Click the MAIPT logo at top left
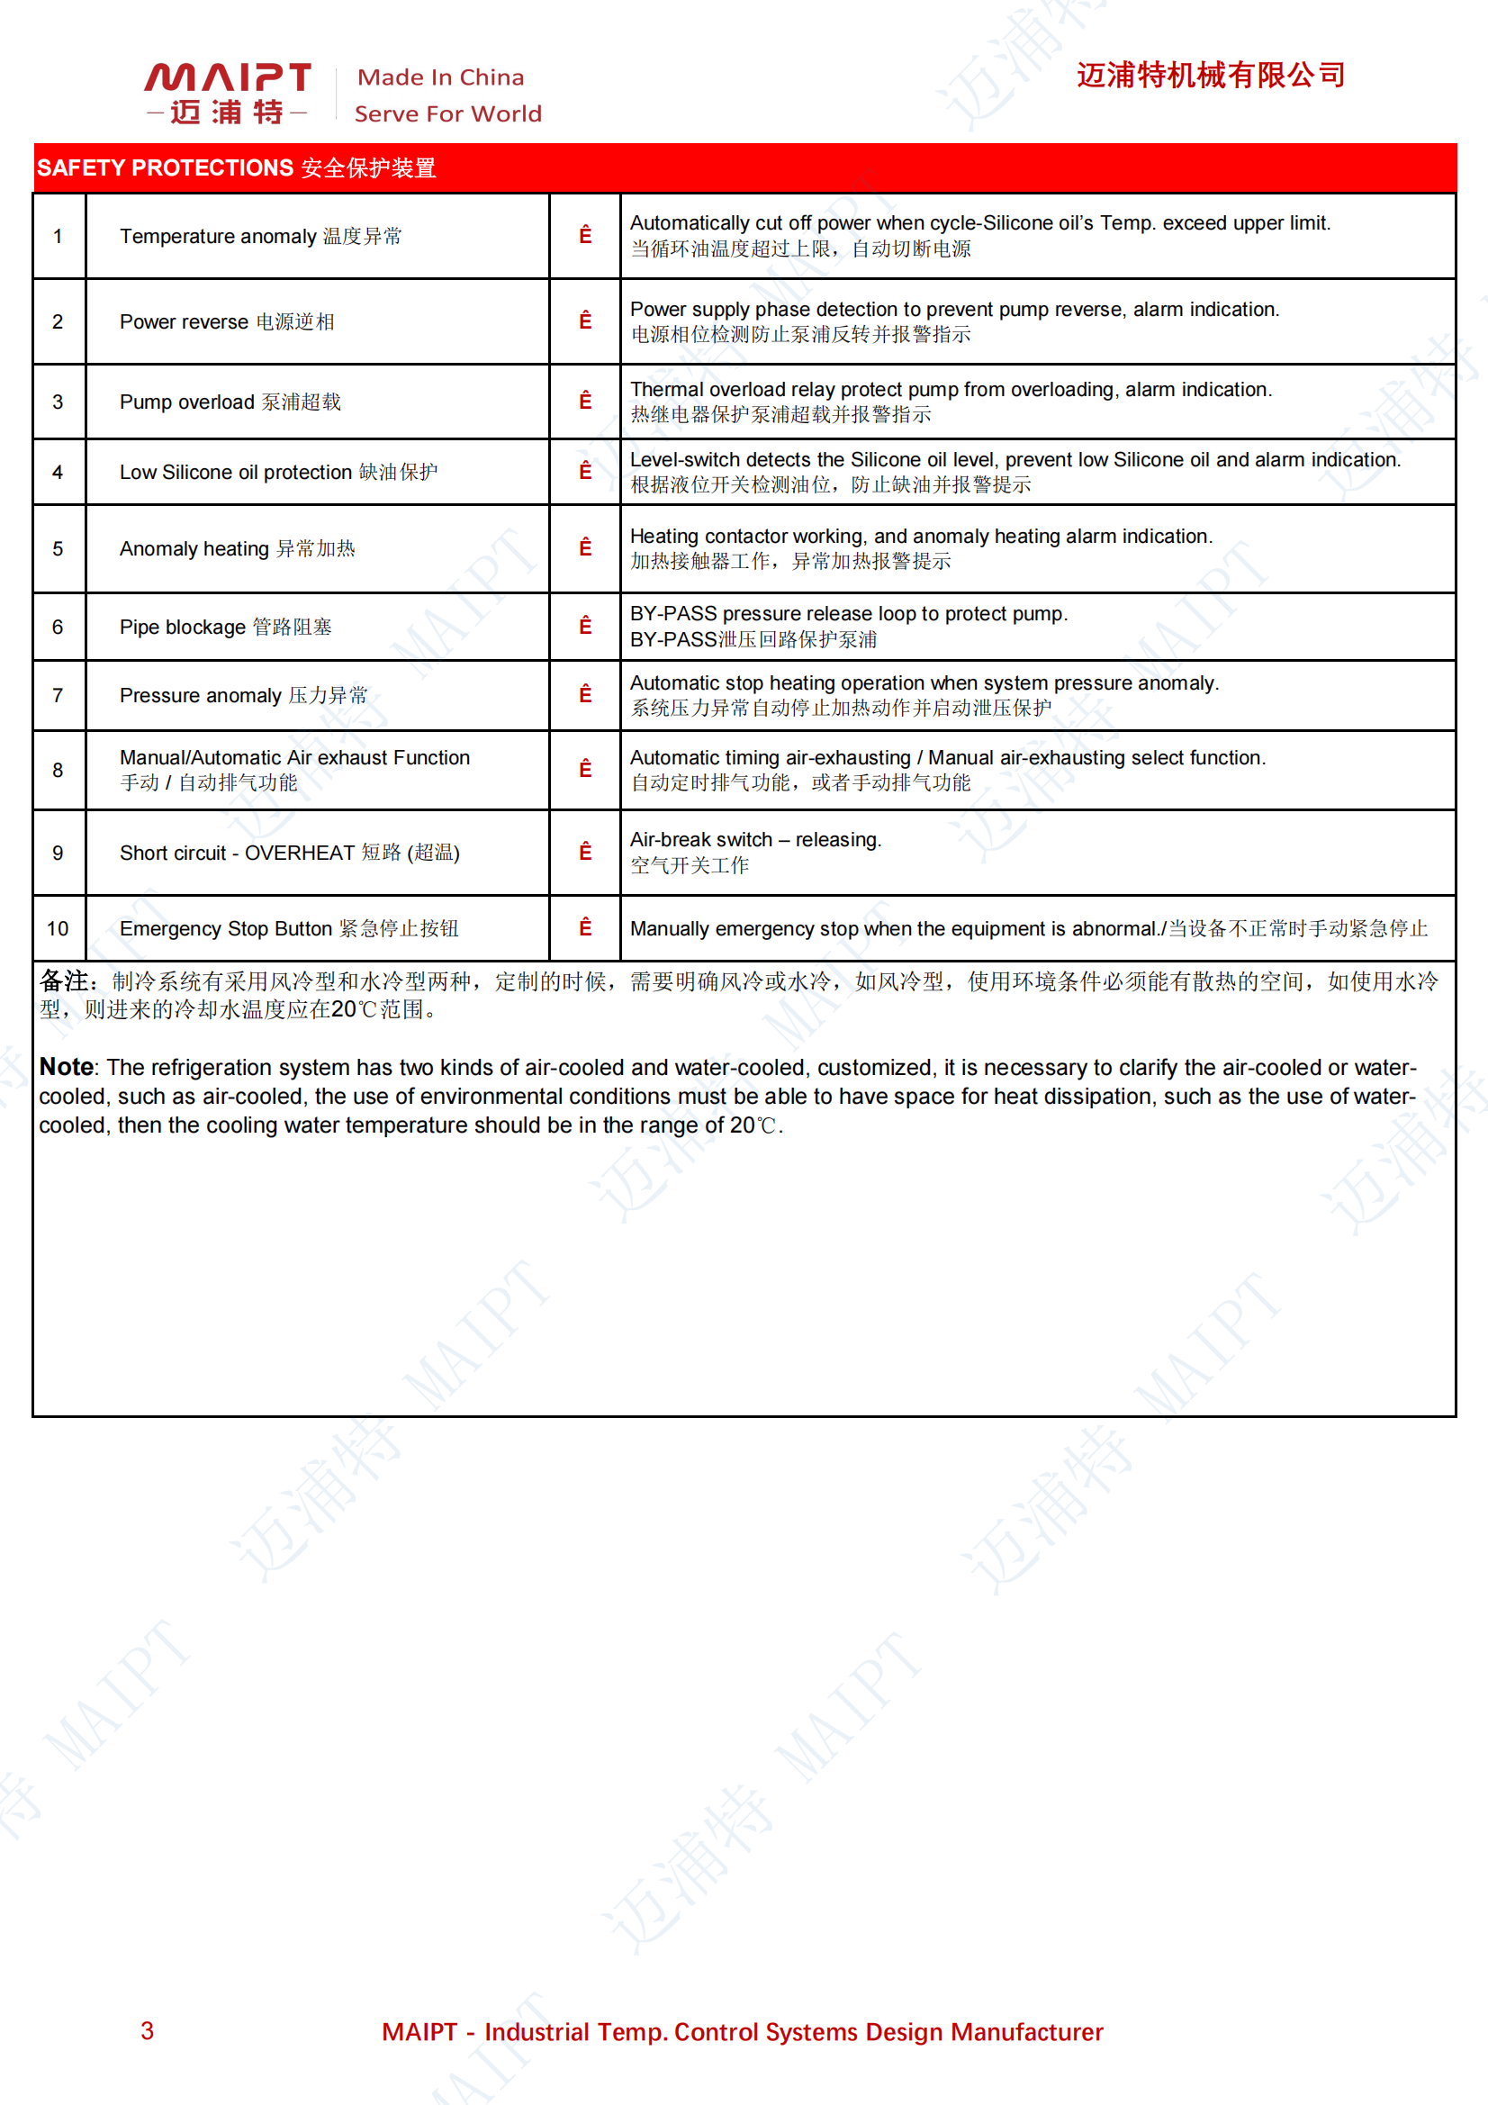(x=227, y=92)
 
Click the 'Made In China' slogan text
(x=440, y=77)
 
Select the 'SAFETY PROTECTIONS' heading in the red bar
(x=165, y=167)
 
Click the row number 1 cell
(x=58, y=237)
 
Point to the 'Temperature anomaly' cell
(x=260, y=237)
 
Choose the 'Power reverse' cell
(x=227, y=321)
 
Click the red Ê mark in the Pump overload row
(x=585, y=401)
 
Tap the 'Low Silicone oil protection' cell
(x=278, y=472)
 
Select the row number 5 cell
(x=58, y=548)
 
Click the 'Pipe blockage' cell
(x=226, y=628)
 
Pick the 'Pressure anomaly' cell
(x=243, y=696)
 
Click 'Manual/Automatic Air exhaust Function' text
(x=294, y=757)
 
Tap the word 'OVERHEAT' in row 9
(x=299, y=853)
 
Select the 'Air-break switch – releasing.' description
(x=754, y=840)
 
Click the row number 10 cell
(x=58, y=929)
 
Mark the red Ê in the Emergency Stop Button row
(x=585, y=928)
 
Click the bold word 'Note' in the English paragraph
(x=66, y=1067)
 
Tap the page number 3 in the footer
(x=147, y=2029)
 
